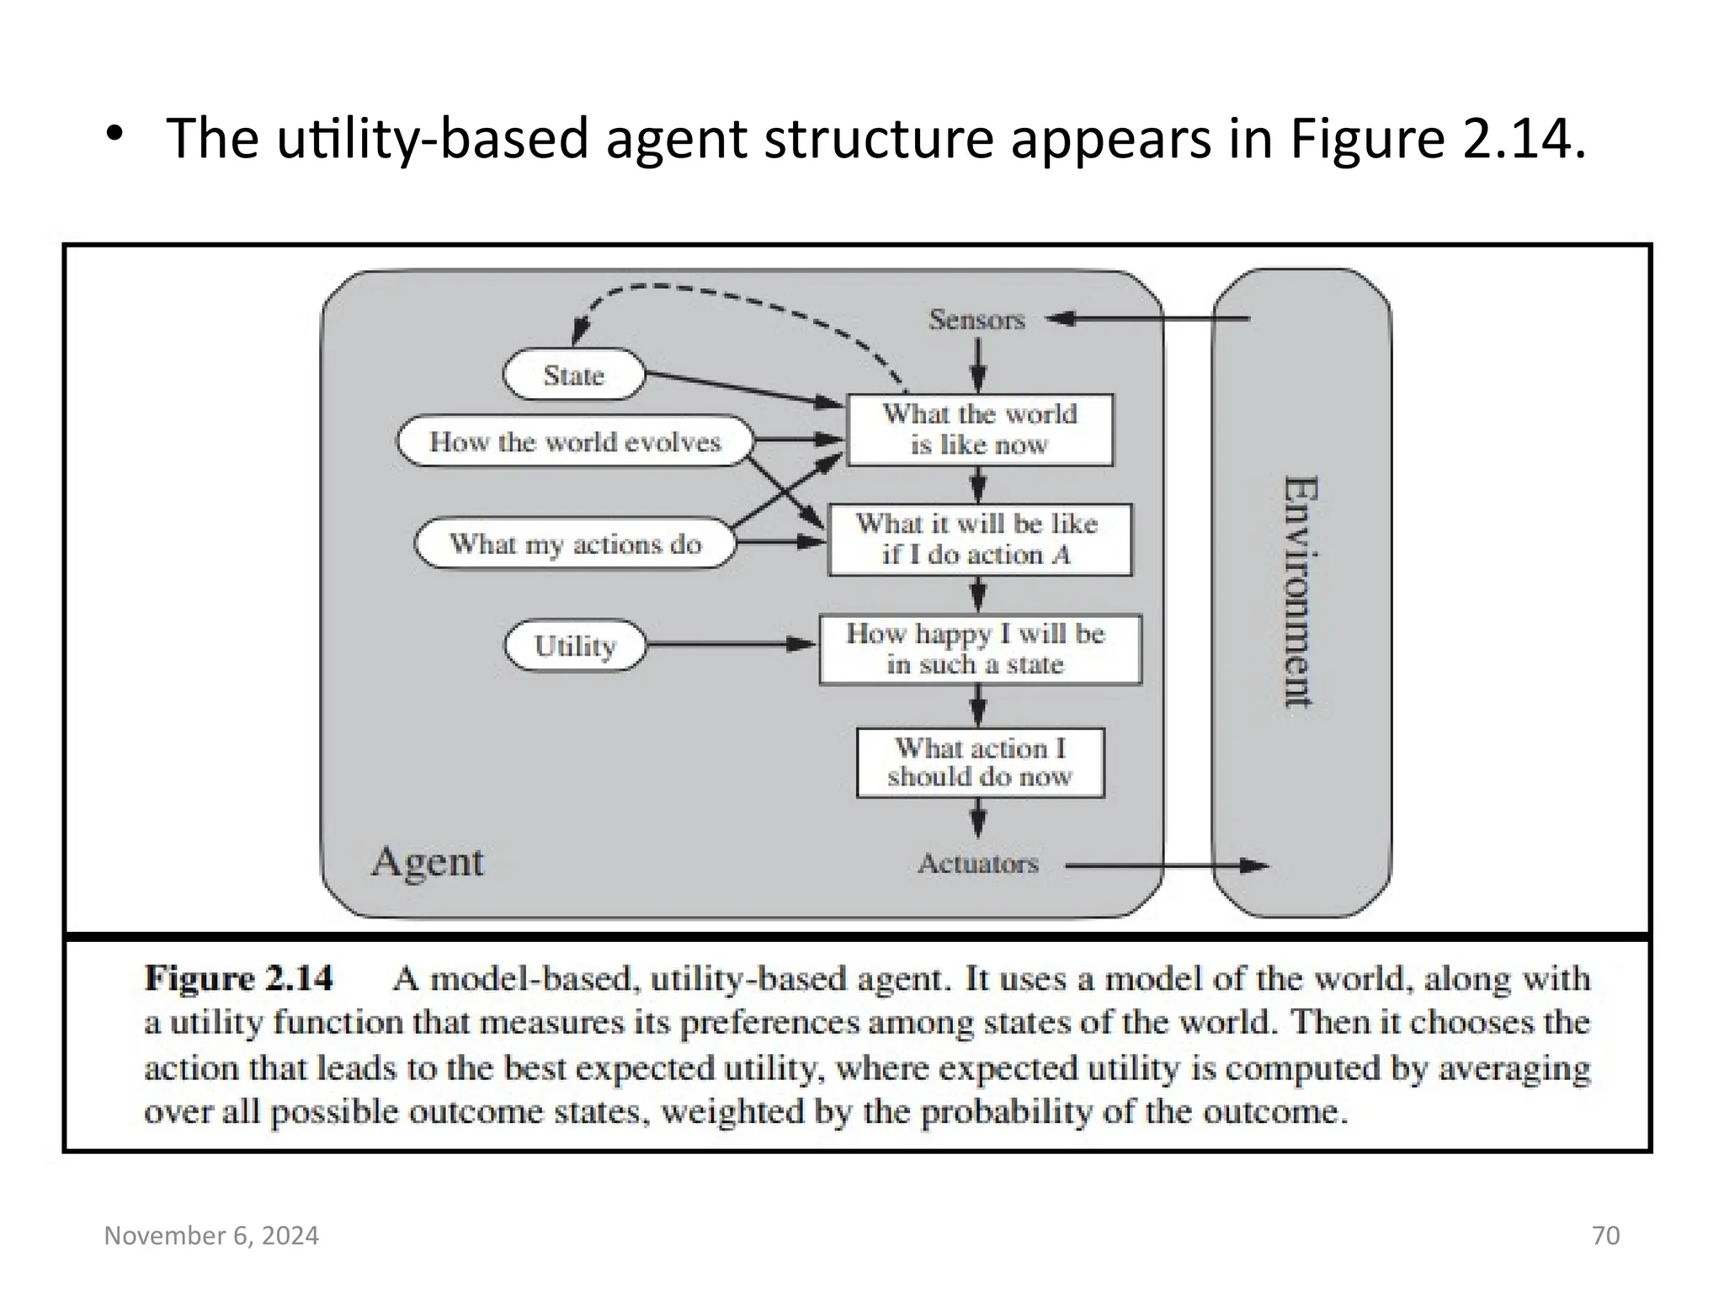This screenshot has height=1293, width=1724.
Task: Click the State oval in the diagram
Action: [x=574, y=375]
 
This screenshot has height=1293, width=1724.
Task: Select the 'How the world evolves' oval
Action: [x=575, y=441]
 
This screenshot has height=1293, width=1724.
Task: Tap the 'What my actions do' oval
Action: [x=575, y=544]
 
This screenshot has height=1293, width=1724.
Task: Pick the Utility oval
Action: [x=575, y=646]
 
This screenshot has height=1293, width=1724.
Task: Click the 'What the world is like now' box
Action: [x=980, y=429]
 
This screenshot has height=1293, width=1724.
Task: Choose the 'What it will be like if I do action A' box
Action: [x=980, y=540]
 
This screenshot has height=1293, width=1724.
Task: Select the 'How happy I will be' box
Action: [x=980, y=649]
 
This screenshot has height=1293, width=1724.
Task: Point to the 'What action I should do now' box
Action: [x=980, y=763]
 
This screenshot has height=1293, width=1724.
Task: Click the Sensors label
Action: [x=976, y=320]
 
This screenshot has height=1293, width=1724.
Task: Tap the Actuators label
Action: [x=978, y=864]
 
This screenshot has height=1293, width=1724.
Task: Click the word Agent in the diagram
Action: [x=428, y=862]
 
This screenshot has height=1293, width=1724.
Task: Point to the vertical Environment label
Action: [x=1300, y=592]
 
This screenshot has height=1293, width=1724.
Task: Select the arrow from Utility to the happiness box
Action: [x=729, y=645]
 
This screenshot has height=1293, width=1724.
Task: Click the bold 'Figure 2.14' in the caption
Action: [x=238, y=978]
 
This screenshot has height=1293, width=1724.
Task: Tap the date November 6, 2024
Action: [x=211, y=1235]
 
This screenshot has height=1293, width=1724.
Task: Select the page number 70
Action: [x=1605, y=1235]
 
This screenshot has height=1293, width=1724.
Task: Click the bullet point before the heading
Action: [x=115, y=134]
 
